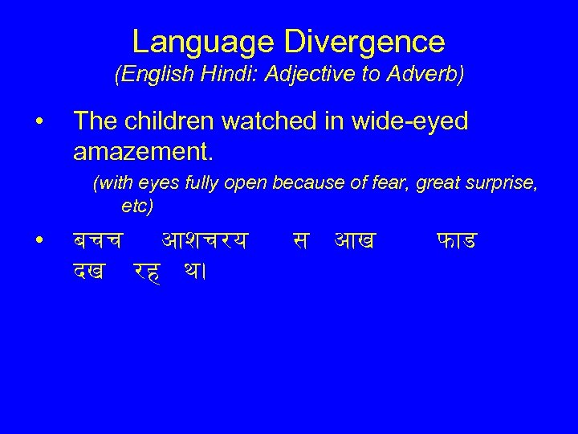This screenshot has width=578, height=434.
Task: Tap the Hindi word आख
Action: pos(356,239)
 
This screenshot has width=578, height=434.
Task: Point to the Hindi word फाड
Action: pos(458,239)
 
